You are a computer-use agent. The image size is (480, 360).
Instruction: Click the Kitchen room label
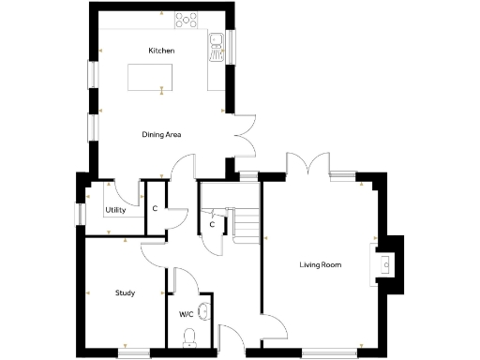click(x=161, y=50)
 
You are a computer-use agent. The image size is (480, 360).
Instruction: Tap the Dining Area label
click(x=161, y=135)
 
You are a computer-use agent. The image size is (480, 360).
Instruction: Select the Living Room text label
click(x=320, y=265)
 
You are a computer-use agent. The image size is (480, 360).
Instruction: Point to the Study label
click(x=125, y=292)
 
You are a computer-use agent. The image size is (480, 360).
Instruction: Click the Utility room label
click(x=116, y=210)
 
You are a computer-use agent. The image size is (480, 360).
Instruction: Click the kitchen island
click(x=152, y=76)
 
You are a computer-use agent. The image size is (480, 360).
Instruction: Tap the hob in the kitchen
click(x=187, y=18)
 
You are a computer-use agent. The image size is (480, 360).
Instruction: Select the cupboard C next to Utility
click(x=154, y=208)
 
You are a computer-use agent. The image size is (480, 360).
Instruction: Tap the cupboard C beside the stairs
click(x=213, y=225)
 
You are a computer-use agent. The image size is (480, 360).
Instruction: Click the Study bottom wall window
click(x=134, y=353)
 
